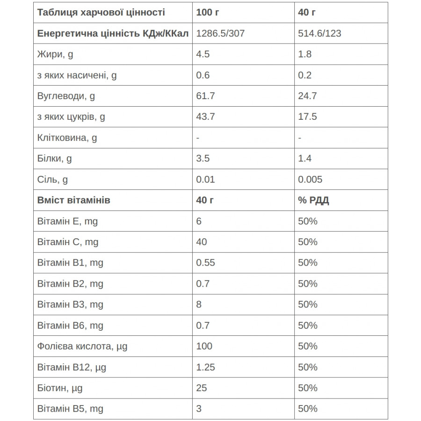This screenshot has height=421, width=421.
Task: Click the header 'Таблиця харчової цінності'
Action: coord(101,13)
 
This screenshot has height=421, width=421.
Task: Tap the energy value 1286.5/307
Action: coord(220,34)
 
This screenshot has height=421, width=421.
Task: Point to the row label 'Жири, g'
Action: coord(55,54)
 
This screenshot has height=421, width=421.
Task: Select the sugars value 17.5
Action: coord(307,116)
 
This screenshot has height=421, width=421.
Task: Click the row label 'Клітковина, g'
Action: coord(67,138)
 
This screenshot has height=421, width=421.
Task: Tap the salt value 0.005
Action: coord(310,179)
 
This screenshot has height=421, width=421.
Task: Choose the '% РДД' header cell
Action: coord(313,200)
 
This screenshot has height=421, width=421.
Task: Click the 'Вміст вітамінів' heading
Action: coord(73,200)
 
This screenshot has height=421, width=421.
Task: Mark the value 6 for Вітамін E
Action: coord(199,221)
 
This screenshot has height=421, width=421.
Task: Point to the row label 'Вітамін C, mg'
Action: coord(67,242)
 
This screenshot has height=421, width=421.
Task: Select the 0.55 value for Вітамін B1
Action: coord(206,262)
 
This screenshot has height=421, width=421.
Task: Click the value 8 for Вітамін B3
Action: coord(199,304)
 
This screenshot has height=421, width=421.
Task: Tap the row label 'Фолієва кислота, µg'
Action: coord(82,346)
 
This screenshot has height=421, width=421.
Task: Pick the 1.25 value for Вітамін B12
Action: coord(206,367)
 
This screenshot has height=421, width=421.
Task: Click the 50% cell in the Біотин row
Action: coord(307,388)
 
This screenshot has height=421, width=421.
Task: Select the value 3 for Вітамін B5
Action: coord(199,409)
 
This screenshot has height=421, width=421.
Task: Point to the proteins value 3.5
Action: coord(203,159)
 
